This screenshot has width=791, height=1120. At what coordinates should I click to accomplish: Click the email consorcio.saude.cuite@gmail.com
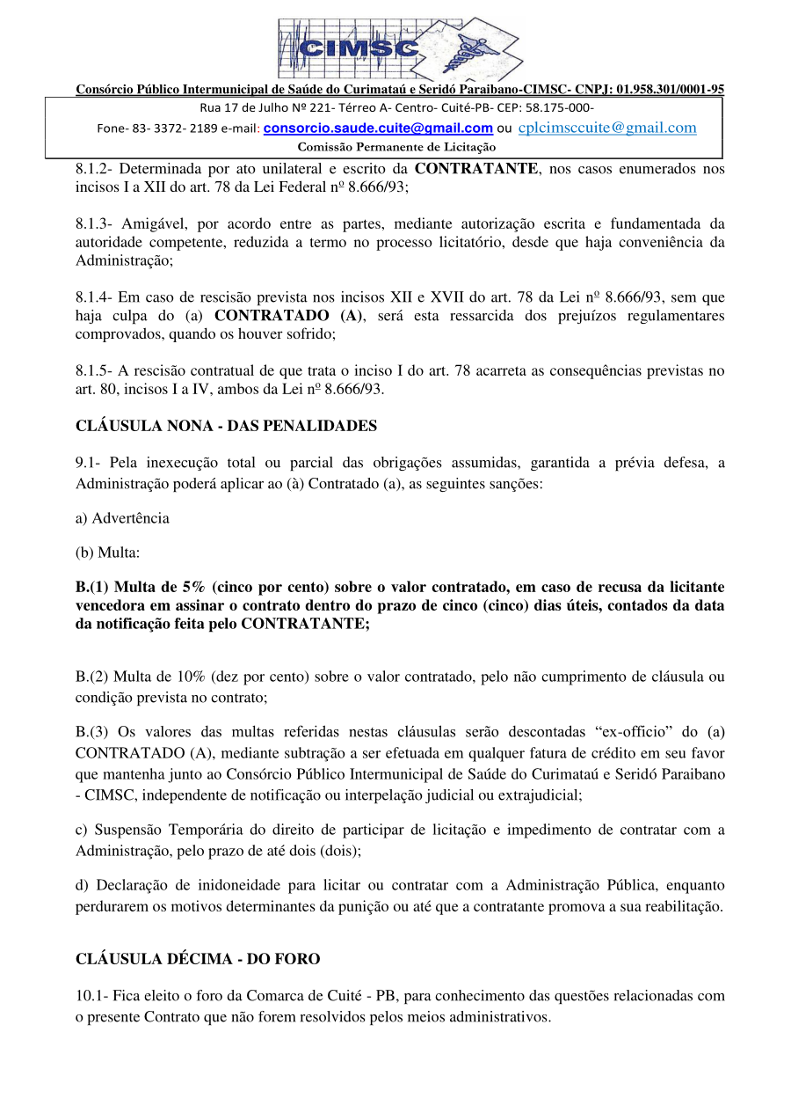378,128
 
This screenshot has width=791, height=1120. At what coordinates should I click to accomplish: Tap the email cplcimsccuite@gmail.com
607,128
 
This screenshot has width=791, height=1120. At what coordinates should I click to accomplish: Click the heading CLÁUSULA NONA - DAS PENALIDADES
227,426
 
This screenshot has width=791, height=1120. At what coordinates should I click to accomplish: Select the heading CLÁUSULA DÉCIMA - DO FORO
198,959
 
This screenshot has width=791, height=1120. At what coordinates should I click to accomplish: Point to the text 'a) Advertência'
122,518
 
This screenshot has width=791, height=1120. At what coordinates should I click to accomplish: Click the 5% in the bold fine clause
193,587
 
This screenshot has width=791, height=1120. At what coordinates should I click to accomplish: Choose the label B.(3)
93,731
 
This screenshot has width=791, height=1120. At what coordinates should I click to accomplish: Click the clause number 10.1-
93,996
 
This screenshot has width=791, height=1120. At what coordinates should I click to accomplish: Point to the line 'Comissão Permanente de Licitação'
396,147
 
